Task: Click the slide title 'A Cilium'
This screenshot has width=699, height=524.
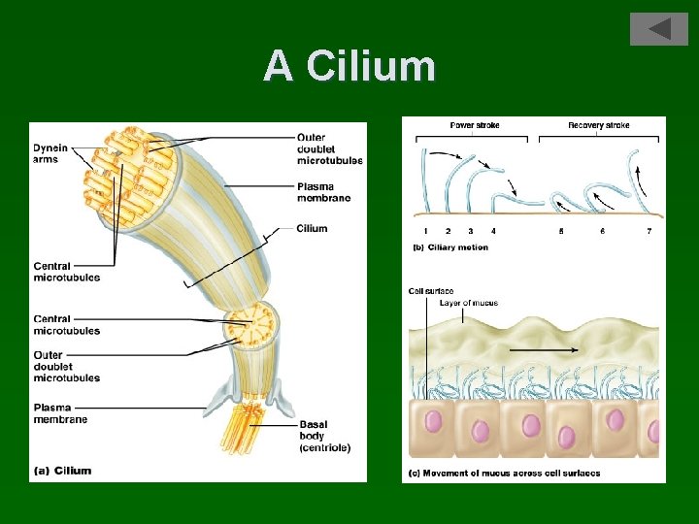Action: pos(349,66)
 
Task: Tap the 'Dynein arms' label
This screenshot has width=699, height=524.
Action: pos(50,153)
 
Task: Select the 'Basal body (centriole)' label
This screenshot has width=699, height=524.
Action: pos(325,436)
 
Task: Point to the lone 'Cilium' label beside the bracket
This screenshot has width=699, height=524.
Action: pos(314,229)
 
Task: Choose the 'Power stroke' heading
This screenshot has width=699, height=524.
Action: pos(476,125)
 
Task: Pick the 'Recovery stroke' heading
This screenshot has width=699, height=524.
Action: pos(599,125)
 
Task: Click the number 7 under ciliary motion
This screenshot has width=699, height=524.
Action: pos(649,231)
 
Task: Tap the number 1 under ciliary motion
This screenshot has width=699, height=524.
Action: pos(426,231)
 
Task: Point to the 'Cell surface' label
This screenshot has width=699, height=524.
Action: pos(431,291)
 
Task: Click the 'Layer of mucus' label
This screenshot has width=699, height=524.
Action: pos(468,303)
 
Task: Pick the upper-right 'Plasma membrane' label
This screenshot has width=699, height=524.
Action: pos(324,192)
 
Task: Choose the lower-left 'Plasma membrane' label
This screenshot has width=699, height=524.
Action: pos(60,413)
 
